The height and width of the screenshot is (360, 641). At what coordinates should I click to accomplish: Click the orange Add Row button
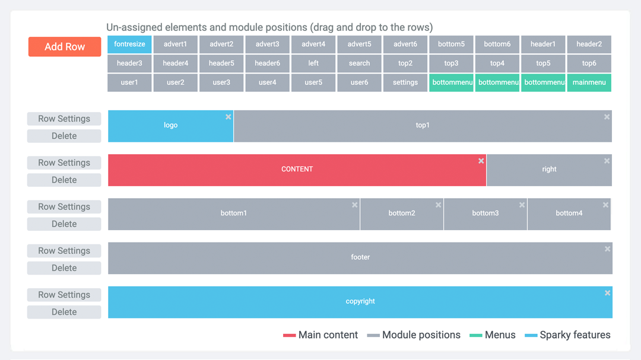coord(65,47)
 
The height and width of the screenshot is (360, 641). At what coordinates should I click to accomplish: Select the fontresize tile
coord(129,44)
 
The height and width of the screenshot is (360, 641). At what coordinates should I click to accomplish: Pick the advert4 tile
coord(313,44)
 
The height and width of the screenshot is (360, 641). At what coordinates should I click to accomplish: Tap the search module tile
coord(359,63)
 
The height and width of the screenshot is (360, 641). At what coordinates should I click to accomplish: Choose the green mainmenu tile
coord(589,82)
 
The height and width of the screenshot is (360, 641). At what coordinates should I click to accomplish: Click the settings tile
coord(405,82)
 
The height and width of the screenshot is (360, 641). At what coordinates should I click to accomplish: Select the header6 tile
coord(267,63)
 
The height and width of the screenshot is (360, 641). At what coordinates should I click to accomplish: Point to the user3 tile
coord(221,82)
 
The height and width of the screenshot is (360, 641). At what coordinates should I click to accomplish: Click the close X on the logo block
coord(229,117)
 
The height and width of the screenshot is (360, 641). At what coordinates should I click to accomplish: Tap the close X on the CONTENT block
coord(481,161)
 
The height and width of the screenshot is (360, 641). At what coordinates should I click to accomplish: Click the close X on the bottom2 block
coord(438,205)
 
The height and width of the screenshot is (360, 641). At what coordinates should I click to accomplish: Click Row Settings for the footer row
coord(64,251)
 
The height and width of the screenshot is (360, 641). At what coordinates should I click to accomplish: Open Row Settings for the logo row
coord(64,119)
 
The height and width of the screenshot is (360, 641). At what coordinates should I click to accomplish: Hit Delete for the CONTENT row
coord(64,180)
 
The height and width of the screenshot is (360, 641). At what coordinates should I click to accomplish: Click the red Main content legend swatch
coord(290,336)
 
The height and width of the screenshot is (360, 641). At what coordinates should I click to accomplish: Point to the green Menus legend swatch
coord(476,336)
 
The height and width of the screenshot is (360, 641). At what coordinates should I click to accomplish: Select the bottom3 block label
coord(485,213)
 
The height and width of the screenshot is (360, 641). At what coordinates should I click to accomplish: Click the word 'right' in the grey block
coord(549,169)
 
